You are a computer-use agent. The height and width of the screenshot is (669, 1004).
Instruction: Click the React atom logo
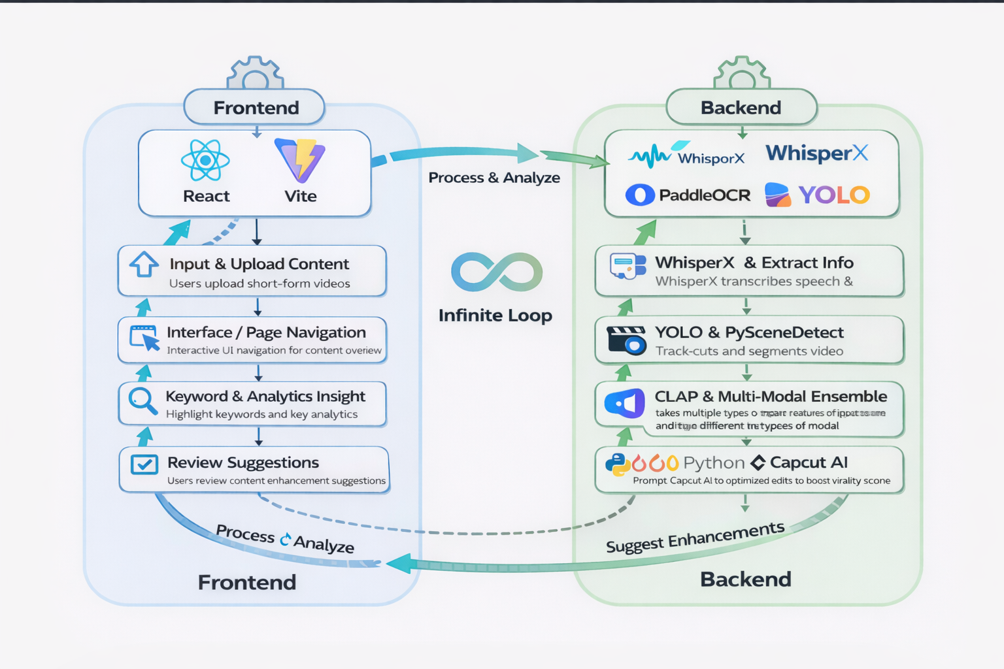click(205, 160)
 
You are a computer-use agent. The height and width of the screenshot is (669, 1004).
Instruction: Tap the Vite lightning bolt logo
click(300, 160)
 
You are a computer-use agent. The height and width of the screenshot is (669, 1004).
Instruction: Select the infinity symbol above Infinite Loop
click(497, 272)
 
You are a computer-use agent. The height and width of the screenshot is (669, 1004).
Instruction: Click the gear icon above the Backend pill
click(742, 74)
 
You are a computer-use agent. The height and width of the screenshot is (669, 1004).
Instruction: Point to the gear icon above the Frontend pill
click(255, 74)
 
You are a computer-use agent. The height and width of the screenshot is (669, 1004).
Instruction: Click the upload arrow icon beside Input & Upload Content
click(144, 265)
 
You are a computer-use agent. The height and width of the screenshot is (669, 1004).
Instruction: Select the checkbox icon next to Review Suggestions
click(144, 465)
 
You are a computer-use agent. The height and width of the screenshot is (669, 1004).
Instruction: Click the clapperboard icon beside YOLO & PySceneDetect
click(626, 340)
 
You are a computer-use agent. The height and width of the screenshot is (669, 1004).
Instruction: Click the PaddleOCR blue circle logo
click(640, 195)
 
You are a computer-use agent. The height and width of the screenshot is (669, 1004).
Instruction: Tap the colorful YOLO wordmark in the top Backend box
click(833, 195)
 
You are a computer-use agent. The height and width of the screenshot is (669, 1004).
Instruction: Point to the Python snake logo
click(617, 464)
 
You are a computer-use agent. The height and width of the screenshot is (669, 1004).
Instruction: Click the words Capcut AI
click(809, 463)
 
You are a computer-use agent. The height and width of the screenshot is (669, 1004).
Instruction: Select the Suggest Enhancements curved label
click(695, 537)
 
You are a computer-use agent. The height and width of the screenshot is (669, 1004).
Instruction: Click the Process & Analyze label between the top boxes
click(494, 178)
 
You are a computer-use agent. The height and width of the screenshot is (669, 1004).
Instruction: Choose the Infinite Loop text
click(495, 316)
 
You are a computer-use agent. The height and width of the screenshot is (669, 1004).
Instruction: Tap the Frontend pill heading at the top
click(256, 108)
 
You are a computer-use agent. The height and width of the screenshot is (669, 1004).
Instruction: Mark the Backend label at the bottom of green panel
click(745, 579)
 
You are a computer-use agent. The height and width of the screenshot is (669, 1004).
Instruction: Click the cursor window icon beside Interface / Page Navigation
click(144, 338)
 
